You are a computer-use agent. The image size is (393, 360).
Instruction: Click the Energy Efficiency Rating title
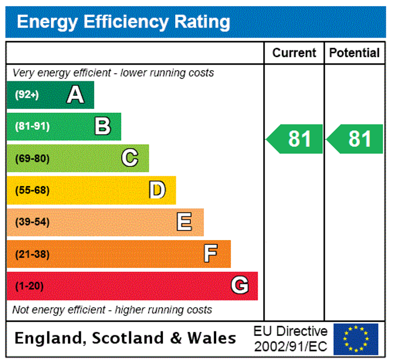pyautogui.click(x=124, y=22)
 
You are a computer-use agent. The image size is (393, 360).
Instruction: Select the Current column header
pyautogui.click(x=294, y=53)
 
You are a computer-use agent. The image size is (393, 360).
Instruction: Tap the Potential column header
pyautogui.click(x=354, y=53)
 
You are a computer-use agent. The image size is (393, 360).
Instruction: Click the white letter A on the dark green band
pyautogui.click(x=75, y=95)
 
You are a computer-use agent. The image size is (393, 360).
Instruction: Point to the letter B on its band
pyautogui.click(x=102, y=126)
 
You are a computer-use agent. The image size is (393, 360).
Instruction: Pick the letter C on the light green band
pyautogui.click(x=130, y=158)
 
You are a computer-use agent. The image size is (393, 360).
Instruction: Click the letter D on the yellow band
pyautogui.click(x=157, y=190)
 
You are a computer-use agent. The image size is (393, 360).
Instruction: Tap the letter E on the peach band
pyautogui.click(x=184, y=222)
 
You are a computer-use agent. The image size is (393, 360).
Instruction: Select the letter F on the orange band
pyautogui.click(x=211, y=254)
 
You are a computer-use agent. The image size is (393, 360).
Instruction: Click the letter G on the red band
pyautogui.click(x=240, y=286)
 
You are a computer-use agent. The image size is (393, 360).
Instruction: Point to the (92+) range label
pyautogui.click(x=27, y=95)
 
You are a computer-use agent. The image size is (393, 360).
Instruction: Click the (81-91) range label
pyautogui.click(x=32, y=126)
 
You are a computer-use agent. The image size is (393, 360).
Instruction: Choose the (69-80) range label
pyautogui.click(x=32, y=158)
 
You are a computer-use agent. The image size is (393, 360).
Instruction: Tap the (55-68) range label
pyautogui.click(x=32, y=190)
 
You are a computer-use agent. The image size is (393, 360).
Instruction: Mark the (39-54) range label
pyautogui.click(x=32, y=222)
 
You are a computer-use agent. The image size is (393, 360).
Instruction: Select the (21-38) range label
pyautogui.click(x=32, y=254)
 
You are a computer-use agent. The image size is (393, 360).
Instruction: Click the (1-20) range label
pyautogui.click(x=29, y=286)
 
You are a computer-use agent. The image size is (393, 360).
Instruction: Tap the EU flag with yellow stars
pyautogui.click(x=355, y=339)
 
